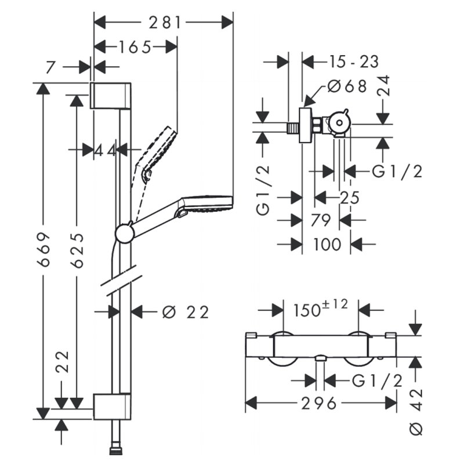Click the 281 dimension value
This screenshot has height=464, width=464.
point(165,23)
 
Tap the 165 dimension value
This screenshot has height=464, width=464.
point(135,47)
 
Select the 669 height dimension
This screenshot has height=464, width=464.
point(43,250)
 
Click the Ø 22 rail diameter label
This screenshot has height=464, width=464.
point(186,312)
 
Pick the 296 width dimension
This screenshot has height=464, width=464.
point(319,403)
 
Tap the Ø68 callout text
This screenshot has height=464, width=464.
point(347,86)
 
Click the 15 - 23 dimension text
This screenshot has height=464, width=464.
point(354,62)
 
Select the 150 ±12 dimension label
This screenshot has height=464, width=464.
point(321,309)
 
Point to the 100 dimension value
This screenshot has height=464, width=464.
point(327,244)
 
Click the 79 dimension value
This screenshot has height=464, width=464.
point(321,220)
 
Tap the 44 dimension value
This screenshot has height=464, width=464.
point(105,151)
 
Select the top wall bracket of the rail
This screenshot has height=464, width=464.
point(110,96)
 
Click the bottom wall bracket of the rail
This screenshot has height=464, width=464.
point(112,407)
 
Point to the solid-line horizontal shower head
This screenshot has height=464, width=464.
point(182,213)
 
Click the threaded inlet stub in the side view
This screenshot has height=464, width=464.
point(293,128)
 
